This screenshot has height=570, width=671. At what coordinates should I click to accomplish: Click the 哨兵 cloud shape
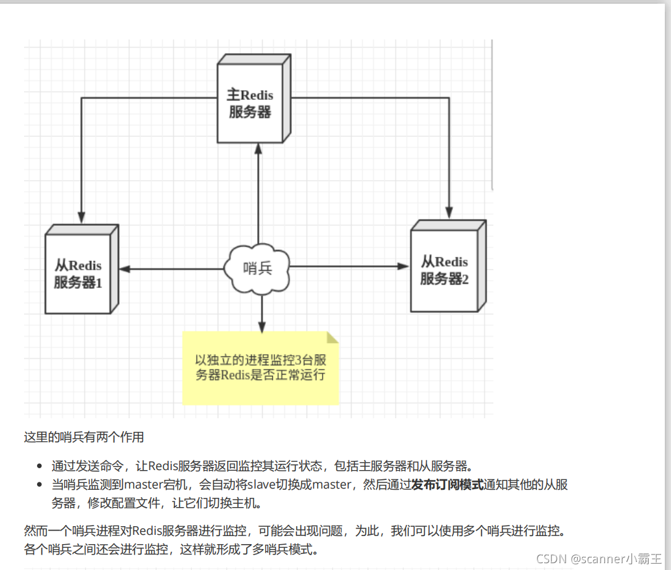click(258, 268)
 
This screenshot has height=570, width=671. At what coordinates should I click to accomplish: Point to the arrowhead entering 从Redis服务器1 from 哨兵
click(125, 269)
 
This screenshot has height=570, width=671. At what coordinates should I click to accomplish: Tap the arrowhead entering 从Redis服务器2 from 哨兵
click(403, 266)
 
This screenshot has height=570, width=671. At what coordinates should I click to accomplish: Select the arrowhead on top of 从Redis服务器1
click(81, 217)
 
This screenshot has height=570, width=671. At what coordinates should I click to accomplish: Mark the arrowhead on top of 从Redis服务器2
click(450, 212)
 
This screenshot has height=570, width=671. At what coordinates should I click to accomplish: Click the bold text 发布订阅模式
click(448, 485)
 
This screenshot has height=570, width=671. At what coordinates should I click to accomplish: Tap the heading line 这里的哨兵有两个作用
click(84, 437)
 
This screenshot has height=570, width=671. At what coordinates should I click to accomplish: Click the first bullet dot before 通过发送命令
click(39, 466)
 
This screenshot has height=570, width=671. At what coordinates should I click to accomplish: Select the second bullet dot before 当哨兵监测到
click(39, 485)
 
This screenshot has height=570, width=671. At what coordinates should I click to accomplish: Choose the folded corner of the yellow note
click(333, 337)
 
